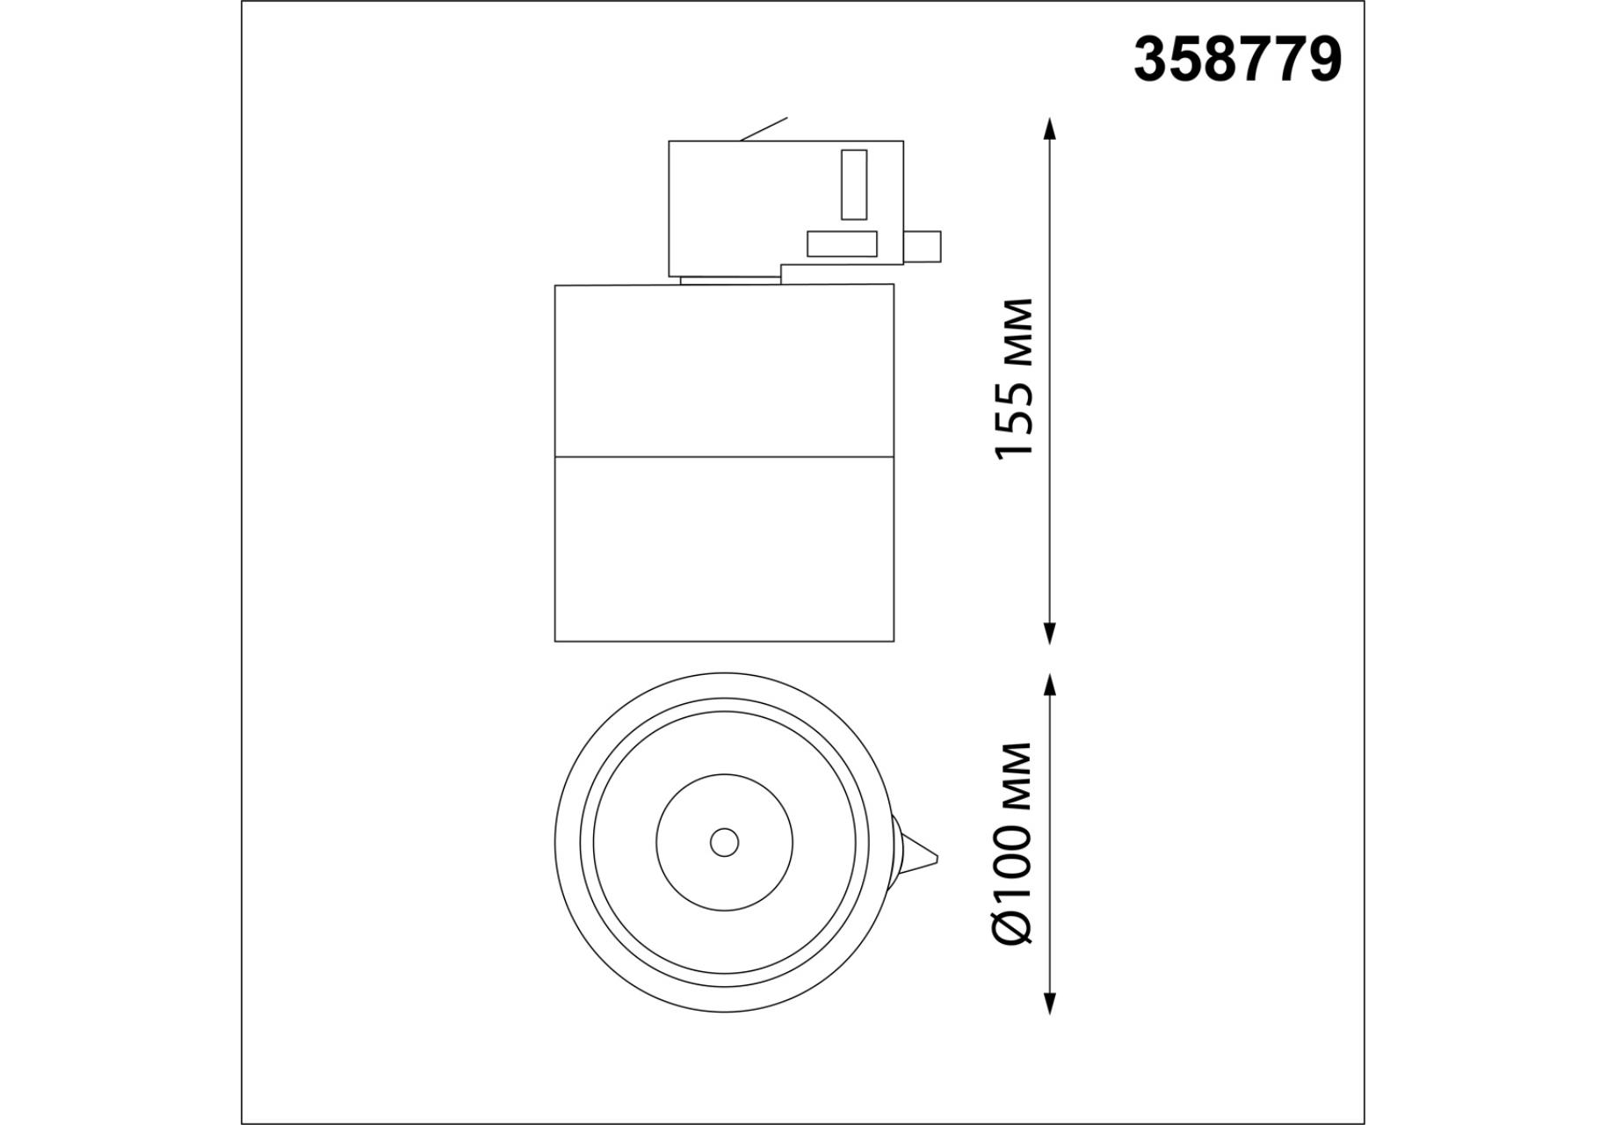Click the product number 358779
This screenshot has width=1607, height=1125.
pos(1237,60)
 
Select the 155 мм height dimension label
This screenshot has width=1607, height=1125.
pos(1015,379)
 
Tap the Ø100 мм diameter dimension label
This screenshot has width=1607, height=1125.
pos(1015,843)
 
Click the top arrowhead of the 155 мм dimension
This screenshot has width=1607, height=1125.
pos(1048,129)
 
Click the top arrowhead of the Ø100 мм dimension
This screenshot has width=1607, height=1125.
pos(1048,686)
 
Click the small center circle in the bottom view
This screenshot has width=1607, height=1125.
pos(724,843)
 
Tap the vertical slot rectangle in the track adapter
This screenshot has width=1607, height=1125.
pos(854,185)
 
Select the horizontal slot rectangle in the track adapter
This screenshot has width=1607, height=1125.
pos(843,243)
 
